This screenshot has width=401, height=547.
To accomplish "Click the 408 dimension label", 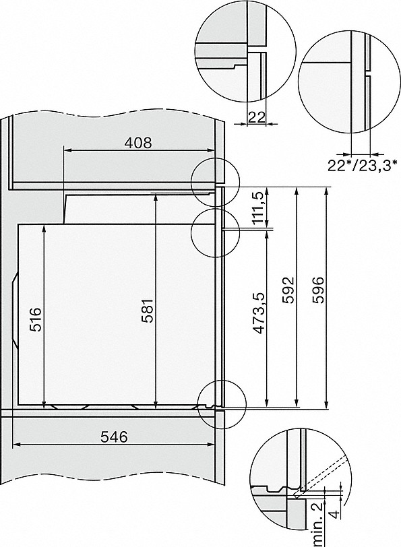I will pyautogui.click(x=139, y=142).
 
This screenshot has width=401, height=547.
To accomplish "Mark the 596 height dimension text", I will pyautogui.click(x=317, y=290).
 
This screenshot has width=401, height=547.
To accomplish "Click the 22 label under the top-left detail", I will pyautogui.click(x=256, y=117).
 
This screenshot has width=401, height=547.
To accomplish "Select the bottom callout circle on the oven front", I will pyautogui.click(x=220, y=401).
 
